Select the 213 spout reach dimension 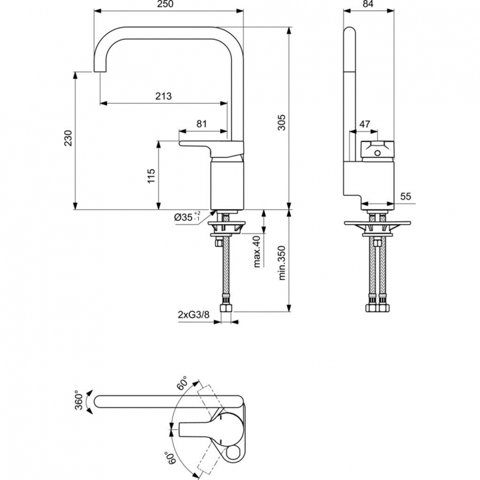(x=164, y=97)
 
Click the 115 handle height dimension (x=151, y=175)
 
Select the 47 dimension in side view (x=365, y=124)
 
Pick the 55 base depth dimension (x=406, y=197)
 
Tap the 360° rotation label (x=79, y=399)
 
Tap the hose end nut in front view (x=227, y=307)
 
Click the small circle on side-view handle (x=377, y=152)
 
